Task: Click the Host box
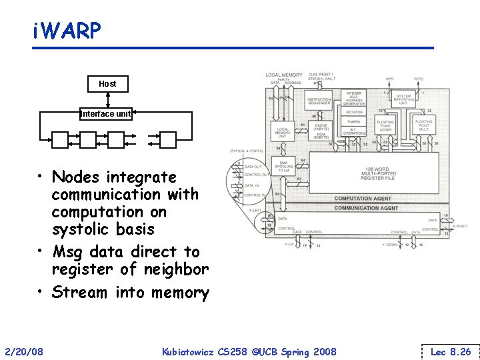(107, 84)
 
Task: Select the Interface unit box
(106, 114)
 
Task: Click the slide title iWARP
(67, 31)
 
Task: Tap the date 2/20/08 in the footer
(24, 351)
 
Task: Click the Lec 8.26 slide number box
(451, 351)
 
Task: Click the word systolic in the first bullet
(80, 229)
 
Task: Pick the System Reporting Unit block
(403, 99)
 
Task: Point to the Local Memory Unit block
(283, 132)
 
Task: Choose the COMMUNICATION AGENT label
(365, 208)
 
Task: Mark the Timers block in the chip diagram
(354, 122)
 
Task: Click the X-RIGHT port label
(459, 226)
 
